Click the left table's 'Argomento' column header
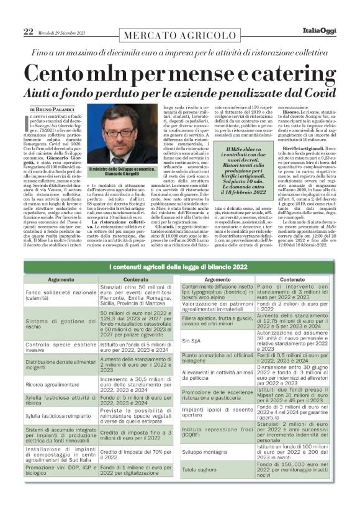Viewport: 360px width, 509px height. (61, 280)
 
